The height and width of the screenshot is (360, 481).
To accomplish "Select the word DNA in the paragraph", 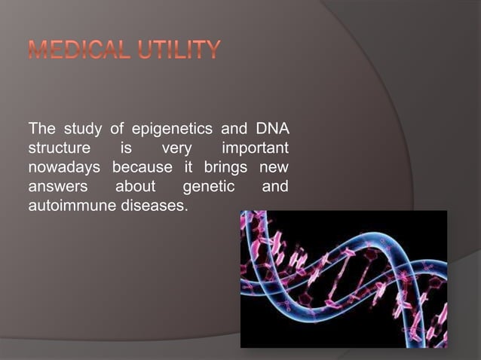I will point(273,125).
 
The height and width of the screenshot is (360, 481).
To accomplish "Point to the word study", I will point(78,125).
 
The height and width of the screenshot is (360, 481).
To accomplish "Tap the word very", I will point(176,145).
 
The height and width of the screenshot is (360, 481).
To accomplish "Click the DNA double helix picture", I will point(343,279).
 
